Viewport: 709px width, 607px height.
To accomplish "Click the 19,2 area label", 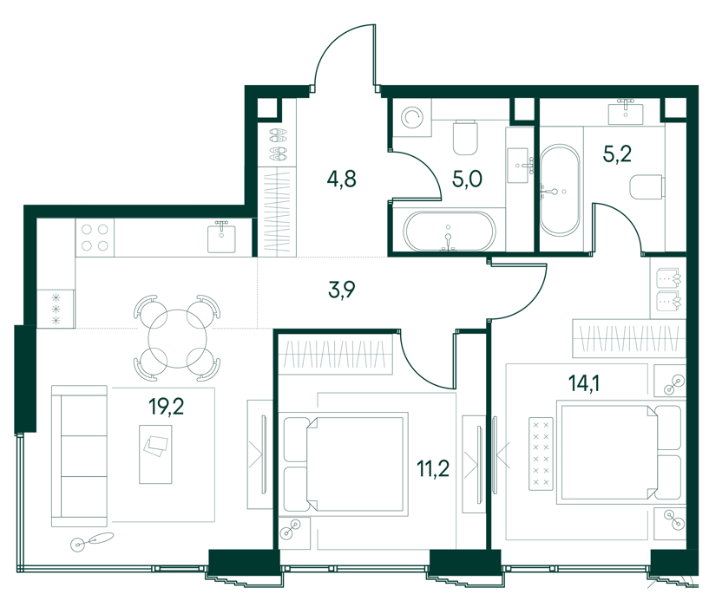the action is coord(167,407).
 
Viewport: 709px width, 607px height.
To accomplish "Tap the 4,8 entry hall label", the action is coord(341,179).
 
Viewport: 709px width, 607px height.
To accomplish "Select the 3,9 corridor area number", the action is coord(341,290).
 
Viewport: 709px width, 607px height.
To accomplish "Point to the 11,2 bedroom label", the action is coord(433,468).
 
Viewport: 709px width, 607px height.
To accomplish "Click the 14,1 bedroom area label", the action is coord(584,383).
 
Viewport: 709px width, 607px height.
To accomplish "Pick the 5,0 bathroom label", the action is coord(467,179).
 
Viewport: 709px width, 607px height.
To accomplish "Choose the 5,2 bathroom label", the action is coord(617,153).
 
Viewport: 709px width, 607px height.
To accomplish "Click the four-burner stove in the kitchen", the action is coord(95,238).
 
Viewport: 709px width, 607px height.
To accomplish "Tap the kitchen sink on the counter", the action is coord(221,238).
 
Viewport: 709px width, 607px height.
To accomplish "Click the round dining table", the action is coord(178,338).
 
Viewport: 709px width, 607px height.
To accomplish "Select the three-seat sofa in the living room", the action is coord(80,456).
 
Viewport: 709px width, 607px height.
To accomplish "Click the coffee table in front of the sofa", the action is coord(155,454).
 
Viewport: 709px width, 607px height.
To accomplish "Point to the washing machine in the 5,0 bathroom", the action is coord(412,119).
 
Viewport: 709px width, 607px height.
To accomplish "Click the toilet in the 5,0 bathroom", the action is coord(465,137).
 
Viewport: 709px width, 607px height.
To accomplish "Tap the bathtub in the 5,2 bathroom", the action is coord(560,190).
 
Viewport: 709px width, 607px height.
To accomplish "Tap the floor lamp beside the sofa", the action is coord(93,540).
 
